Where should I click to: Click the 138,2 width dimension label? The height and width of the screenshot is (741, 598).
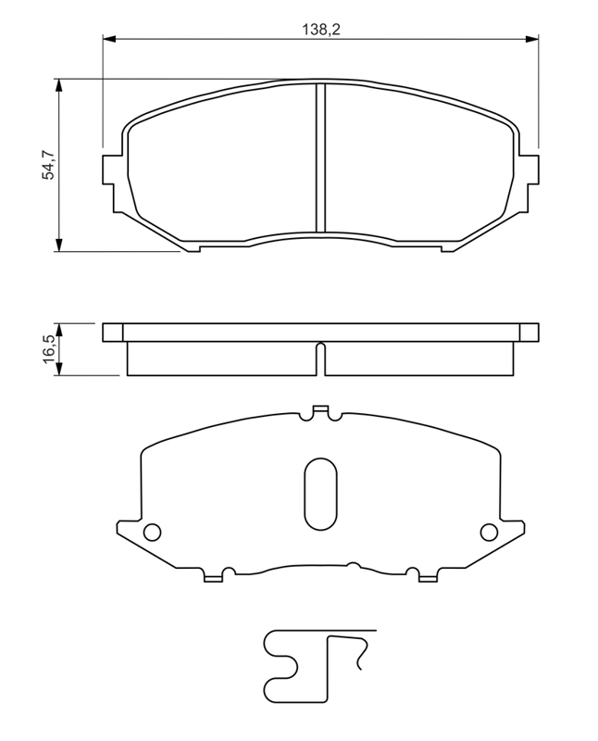tap(321, 30)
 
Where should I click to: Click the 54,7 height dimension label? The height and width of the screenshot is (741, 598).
tap(49, 164)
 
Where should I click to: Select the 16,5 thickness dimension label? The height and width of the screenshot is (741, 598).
tap(49, 349)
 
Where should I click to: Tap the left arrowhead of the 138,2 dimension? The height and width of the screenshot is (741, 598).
tap(108, 39)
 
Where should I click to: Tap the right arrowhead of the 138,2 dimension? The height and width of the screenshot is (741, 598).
tap(532, 39)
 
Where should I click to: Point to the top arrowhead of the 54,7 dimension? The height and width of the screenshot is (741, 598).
tap(58, 85)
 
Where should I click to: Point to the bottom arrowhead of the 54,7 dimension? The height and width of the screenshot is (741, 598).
tap(58, 245)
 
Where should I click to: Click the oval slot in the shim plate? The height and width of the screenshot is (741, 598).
tap(320, 494)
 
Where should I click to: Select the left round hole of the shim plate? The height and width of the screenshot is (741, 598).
tap(152, 533)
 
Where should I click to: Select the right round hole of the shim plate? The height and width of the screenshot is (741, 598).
tap(490, 533)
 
